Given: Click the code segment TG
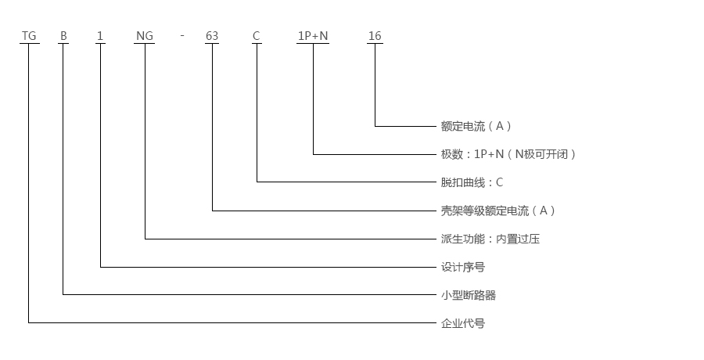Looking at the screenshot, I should (x=29, y=36).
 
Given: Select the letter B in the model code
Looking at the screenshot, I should (x=63, y=36).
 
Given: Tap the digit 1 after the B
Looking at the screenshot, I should (x=99, y=36).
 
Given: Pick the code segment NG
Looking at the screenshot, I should (x=144, y=36).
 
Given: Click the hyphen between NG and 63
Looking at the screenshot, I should (x=181, y=36).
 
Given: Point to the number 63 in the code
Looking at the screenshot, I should (x=211, y=36).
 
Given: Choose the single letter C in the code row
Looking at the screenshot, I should (x=256, y=36).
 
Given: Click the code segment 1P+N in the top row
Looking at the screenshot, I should (x=313, y=36).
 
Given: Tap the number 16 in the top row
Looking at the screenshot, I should (x=375, y=36).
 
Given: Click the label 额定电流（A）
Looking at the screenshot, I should (x=476, y=126).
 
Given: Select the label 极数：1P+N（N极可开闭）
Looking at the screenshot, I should (x=509, y=154).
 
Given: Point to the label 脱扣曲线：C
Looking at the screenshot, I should (x=472, y=182).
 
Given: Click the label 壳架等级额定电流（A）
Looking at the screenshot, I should (x=498, y=211).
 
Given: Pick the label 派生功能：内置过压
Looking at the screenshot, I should (x=490, y=239).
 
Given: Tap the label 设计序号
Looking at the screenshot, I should (x=463, y=267).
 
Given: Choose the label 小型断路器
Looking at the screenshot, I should (x=469, y=295).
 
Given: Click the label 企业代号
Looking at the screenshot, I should (x=463, y=323).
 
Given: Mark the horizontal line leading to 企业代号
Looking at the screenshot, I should (x=235, y=322).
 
